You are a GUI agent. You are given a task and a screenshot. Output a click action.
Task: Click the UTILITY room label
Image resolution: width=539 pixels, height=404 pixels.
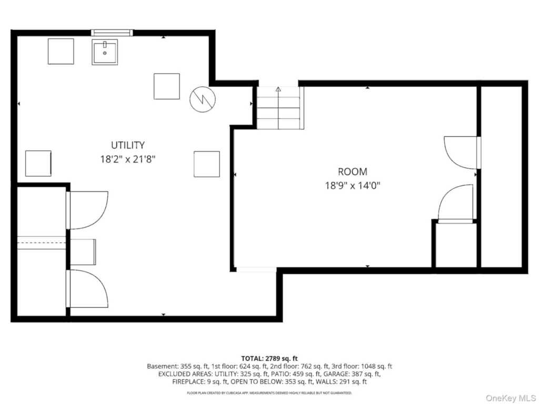127,145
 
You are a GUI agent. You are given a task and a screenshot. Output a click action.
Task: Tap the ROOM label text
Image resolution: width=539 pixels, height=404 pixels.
352,171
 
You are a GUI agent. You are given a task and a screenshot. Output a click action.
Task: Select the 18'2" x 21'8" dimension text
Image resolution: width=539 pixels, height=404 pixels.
128,159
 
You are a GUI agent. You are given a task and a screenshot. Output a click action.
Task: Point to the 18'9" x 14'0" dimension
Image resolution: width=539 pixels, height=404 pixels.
353,186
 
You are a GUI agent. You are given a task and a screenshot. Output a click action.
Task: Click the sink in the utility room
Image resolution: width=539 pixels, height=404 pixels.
105,52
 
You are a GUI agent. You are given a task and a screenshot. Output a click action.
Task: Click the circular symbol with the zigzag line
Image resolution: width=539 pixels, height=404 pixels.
203,99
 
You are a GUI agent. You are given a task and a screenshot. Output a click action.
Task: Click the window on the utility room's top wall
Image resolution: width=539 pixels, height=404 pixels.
112,33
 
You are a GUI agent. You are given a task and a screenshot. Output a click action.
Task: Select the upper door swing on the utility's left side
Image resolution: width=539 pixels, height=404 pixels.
88,210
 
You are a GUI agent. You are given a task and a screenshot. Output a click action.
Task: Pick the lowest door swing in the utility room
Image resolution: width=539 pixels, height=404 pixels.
88,289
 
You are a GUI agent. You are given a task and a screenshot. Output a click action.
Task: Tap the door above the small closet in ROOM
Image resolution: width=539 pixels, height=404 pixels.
455,204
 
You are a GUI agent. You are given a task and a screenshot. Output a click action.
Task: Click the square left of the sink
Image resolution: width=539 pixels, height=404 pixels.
61,52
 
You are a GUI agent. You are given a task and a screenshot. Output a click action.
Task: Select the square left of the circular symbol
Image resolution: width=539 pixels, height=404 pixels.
167,86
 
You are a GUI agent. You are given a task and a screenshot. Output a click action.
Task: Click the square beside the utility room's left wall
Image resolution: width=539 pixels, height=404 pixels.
38,164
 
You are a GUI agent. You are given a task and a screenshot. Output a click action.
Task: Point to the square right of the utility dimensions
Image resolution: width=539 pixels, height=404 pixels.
206,164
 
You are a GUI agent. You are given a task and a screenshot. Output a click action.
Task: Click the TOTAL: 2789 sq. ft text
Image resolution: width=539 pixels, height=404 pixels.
269,359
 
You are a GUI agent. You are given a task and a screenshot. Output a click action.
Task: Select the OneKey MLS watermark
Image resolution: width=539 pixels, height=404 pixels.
511,398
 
